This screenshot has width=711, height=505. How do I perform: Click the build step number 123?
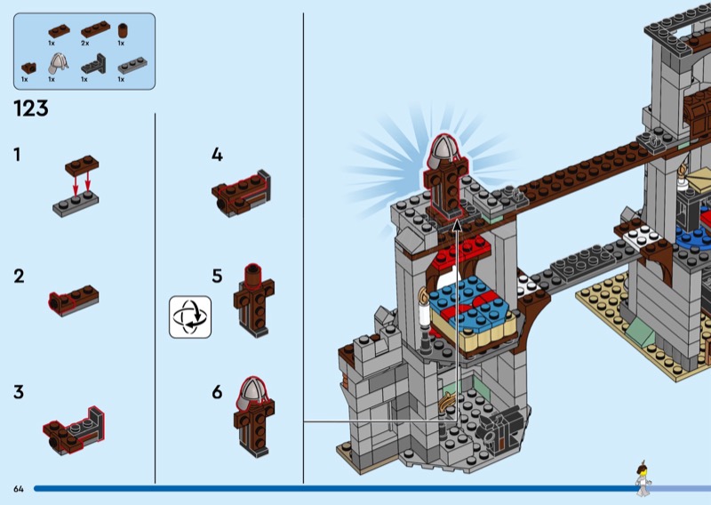(x=31, y=108)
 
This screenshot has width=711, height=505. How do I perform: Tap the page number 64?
(x=19, y=489)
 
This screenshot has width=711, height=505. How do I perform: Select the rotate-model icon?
(x=190, y=317)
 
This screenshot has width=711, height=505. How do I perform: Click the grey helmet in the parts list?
(x=58, y=63)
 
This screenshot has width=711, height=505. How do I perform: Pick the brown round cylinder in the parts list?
(x=123, y=31)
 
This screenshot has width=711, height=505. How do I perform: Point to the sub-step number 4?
(x=217, y=155)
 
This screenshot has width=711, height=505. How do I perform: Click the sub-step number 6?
(x=217, y=392)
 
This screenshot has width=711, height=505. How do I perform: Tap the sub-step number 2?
(x=19, y=276)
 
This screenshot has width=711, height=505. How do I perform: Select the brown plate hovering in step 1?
(x=82, y=165)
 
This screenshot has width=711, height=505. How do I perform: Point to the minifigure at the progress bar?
(x=643, y=479)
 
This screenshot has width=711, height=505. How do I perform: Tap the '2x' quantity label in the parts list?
(x=84, y=43)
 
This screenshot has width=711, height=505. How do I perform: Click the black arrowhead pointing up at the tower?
(x=458, y=225)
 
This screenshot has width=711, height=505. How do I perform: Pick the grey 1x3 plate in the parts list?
(x=132, y=65)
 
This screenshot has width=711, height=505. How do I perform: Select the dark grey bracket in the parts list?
(x=93, y=64)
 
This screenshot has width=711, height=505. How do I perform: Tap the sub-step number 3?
(x=19, y=392)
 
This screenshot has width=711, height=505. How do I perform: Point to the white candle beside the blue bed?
(x=425, y=312)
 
